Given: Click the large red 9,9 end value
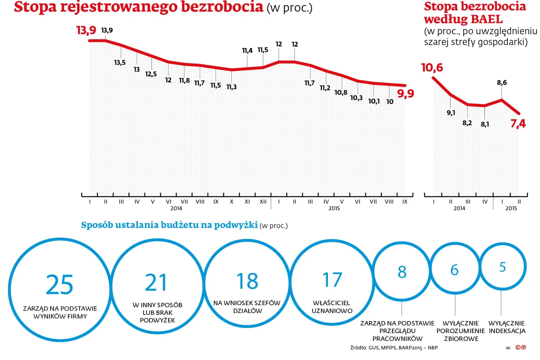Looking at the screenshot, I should [x=405, y=93].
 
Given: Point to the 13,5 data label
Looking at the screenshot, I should [x=120, y=63].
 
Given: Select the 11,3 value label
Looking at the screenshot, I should [x=231, y=87].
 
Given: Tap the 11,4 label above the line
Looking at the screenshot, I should [x=247, y=51].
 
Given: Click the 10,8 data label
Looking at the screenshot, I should [x=341, y=93].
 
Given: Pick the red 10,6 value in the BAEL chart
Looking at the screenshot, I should [x=432, y=68].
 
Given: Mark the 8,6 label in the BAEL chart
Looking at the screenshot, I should [x=501, y=83].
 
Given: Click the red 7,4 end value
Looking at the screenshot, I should [x=518, y=124].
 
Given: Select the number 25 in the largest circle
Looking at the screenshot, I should [x=59, y=285].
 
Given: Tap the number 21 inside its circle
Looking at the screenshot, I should [x=156, y=283].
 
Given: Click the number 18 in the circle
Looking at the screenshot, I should [x=247, y=281].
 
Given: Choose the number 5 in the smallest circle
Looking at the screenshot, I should [x=502, y=267].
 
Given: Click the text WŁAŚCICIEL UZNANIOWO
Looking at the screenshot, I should [x=332, y=307].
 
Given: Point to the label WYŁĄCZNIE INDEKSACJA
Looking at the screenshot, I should [x=506, y=327].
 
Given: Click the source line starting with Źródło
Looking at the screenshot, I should [x=393, y=348].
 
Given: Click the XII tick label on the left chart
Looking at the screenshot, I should [x=263, y=202].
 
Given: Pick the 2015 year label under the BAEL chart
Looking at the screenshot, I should [x=511, y=208].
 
